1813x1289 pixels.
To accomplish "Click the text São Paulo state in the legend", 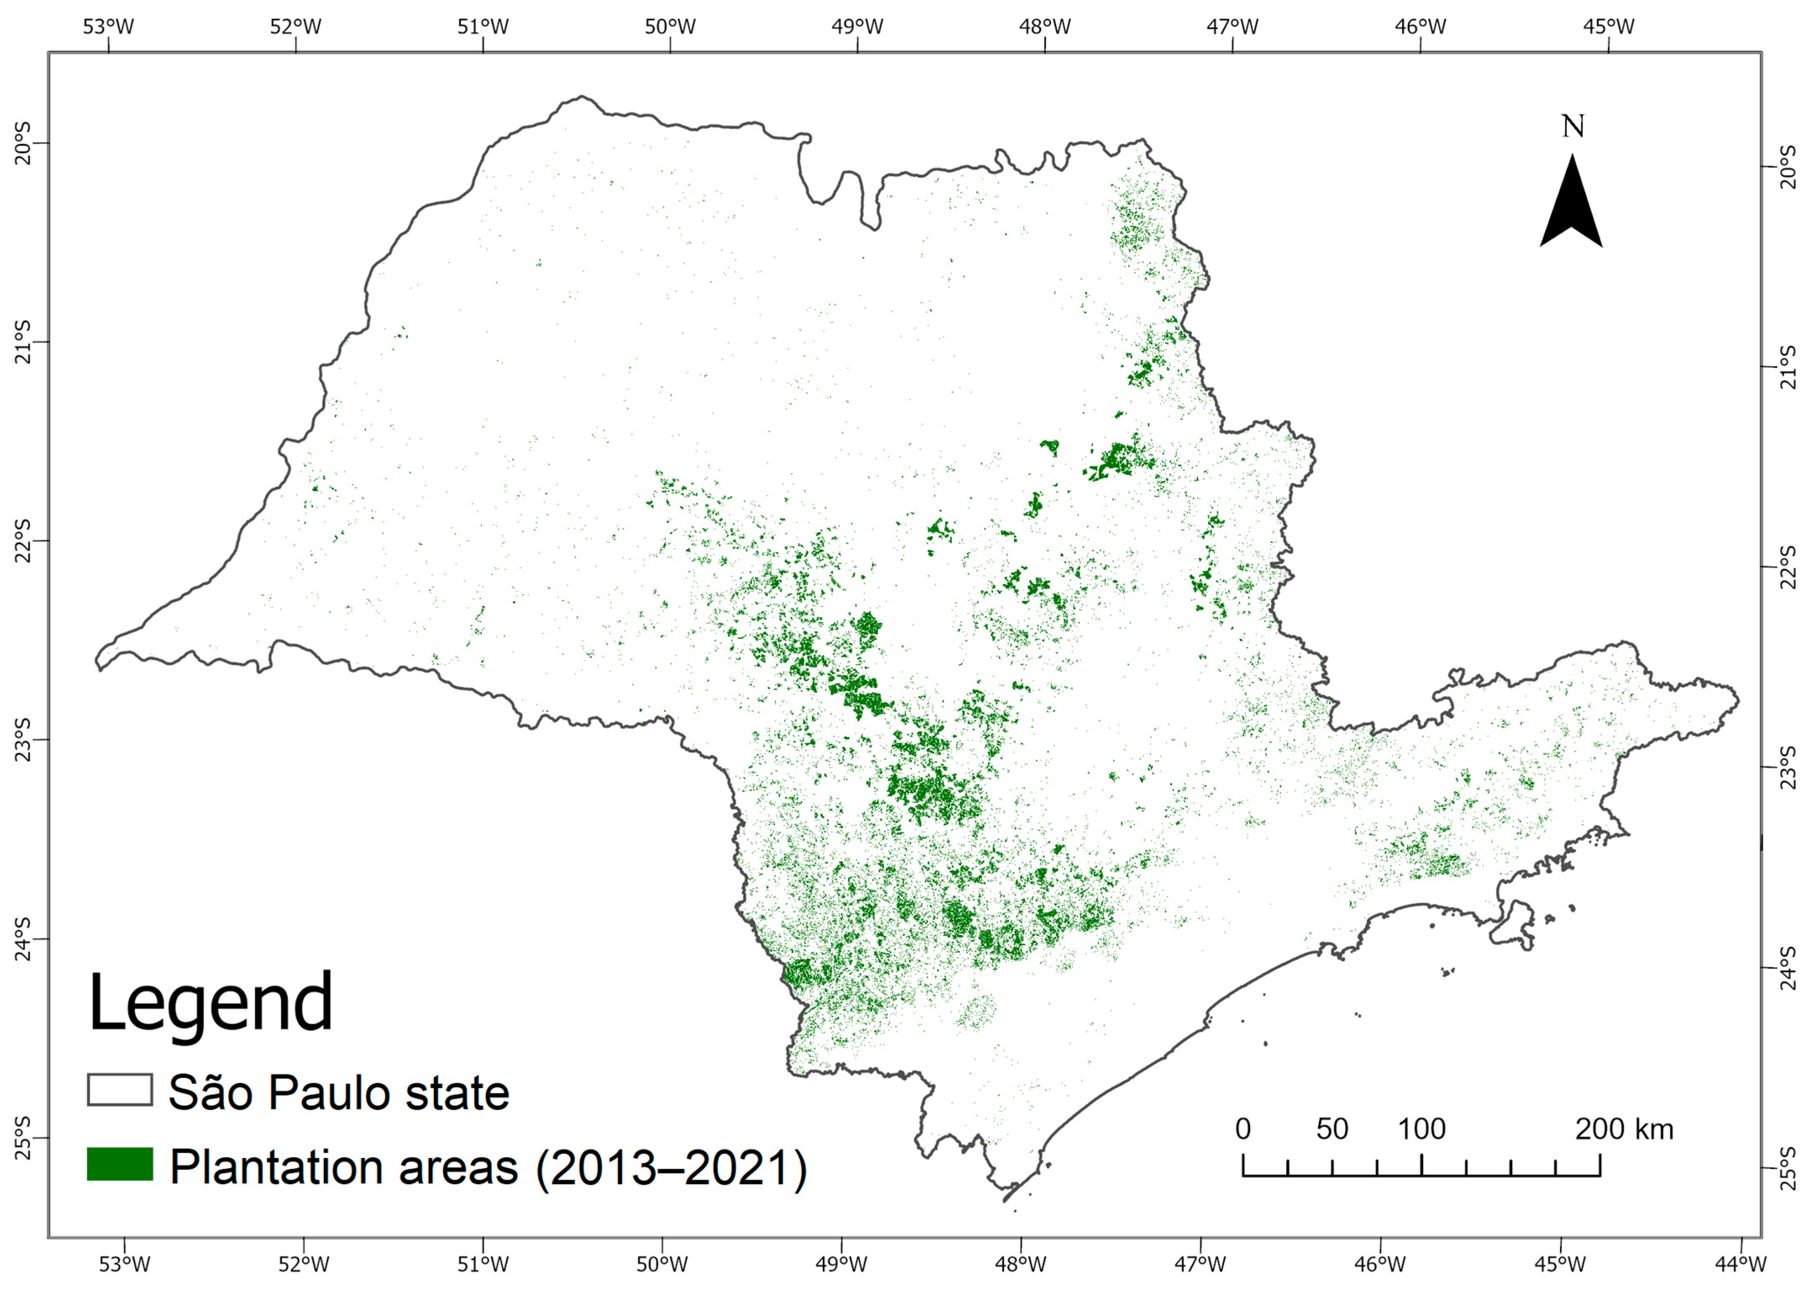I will [339, 1093].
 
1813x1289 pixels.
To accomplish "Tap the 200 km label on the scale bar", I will [1624, 1129].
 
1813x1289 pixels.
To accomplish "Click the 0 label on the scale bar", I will [1243, 1129].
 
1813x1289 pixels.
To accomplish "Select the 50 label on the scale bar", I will [1332, 1129].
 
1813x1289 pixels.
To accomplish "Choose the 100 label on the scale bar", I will [1421, 1129].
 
